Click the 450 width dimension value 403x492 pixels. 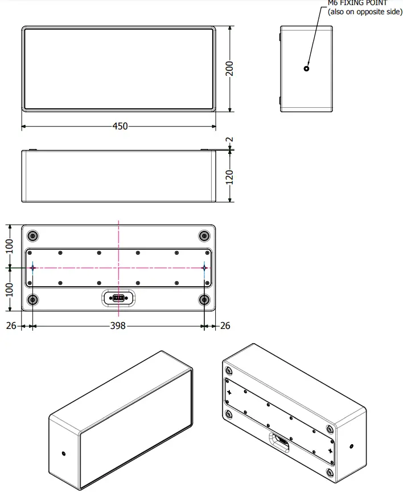[120, 126]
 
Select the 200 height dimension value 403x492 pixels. [229, 69]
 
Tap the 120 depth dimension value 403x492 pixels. [229, 176]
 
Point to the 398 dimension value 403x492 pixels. [118, 326]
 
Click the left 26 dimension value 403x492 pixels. [10, 326]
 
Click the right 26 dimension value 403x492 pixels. [225, 326]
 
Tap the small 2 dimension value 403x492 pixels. [229, 139]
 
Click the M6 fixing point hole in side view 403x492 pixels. [306, 68]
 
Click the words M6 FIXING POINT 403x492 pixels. [357, 3]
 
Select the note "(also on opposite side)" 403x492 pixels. [365, 11]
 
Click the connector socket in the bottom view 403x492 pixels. [118, 298]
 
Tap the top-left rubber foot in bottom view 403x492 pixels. [33, 236]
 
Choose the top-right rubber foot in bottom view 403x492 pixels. [204, 236]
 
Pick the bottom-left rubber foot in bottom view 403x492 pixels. [33, 299]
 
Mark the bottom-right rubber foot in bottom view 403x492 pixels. [204, 299]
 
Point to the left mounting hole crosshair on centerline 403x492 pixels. [33, 267]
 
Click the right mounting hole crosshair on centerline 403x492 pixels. [204, 267]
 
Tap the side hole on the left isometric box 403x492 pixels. [63, 453]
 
